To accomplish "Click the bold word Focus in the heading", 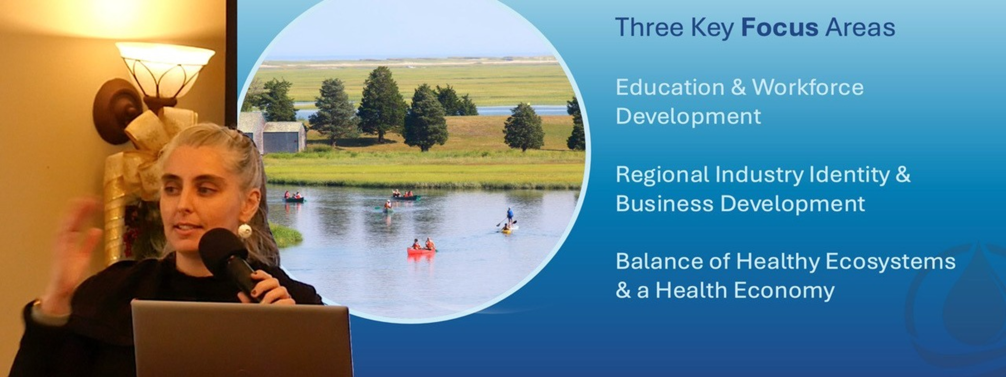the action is (x=780, y=27).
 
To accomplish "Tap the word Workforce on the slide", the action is (x=808, y=87).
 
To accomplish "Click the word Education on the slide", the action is (x=670, y=87).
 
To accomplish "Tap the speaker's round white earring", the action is (x=245, y=231).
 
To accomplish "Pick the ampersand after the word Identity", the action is (x=903, y=175).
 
